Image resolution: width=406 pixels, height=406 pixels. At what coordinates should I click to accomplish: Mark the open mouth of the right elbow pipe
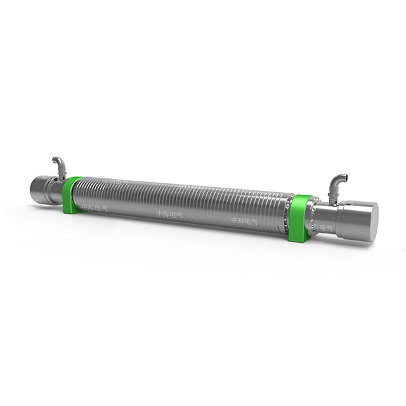343,176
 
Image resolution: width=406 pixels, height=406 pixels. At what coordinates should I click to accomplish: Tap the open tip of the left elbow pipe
55,160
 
